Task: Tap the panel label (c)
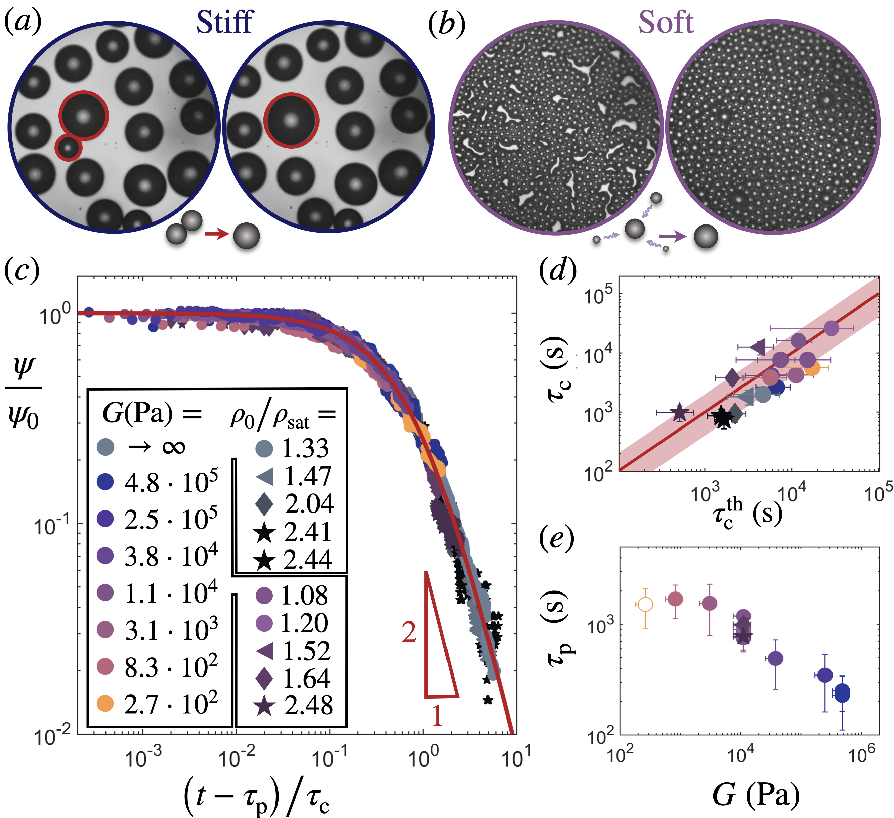point(22,271)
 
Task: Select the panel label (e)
point(557,538)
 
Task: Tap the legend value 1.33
point(305,448)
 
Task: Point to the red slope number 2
point(409,632)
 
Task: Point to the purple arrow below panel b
point(672,237)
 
